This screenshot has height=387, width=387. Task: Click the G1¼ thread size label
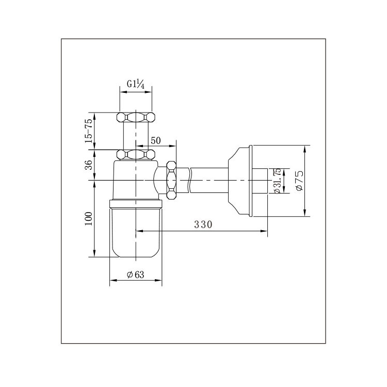pyautogui.click(x=136, y=84)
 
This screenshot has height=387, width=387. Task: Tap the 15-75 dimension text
pyautogui.click(x=88, y=131)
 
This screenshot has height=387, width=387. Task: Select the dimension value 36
pyautogui.click(x=88, y=165)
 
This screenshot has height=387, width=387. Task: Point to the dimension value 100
pyautogui.click(x=88, y=218)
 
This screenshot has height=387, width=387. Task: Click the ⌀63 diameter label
pyautogui.click(x=135, y=274)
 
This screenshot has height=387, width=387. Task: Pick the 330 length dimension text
pyautogui.click(x=203, y=224)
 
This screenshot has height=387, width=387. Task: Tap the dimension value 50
pyautogui.click(x=155, y=141)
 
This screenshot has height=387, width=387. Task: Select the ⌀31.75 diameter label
pyautogui.click(x=277, y=181)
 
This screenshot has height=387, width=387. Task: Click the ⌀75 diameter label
pyautogui.click(x=299, y=181)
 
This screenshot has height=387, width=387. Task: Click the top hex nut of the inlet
pyautogui.click(x=136, y=117)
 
